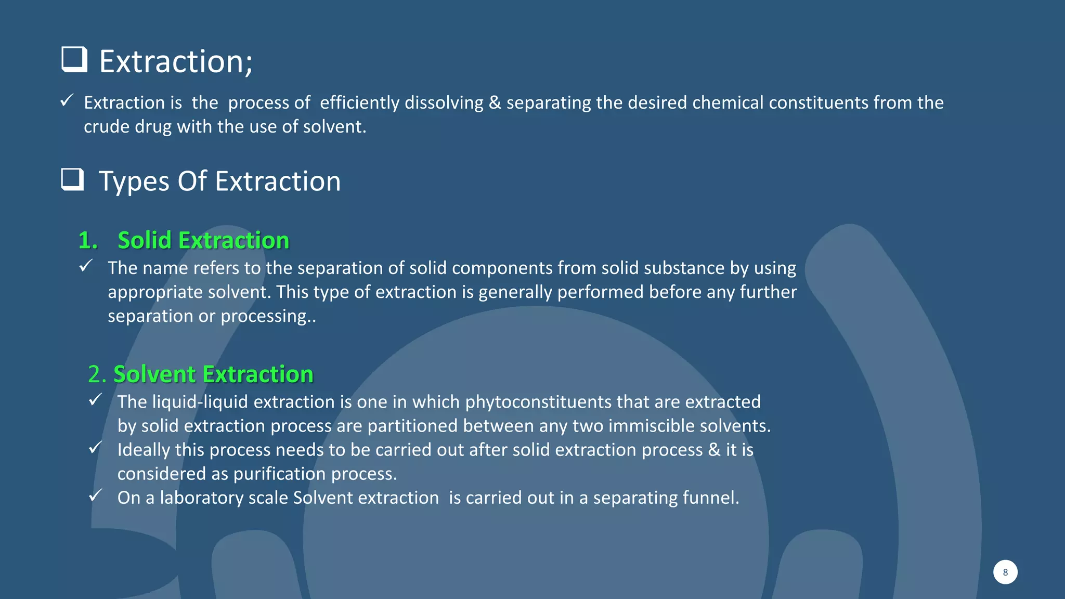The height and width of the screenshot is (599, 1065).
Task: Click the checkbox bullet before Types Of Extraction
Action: (72, 179)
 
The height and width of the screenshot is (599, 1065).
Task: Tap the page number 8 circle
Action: (1005, 572)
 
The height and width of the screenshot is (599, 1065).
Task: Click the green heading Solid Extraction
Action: (203, 240)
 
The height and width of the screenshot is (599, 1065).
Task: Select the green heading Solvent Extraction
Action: (213, 374)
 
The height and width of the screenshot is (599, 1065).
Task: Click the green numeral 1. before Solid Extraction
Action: (88, 240)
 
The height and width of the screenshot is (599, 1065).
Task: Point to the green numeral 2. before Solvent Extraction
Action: (97, 374)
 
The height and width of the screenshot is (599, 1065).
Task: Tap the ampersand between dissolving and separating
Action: (495, 103)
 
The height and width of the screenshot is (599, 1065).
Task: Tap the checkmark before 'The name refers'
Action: (86, 266)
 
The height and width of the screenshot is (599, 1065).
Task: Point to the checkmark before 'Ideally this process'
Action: (95, 447)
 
